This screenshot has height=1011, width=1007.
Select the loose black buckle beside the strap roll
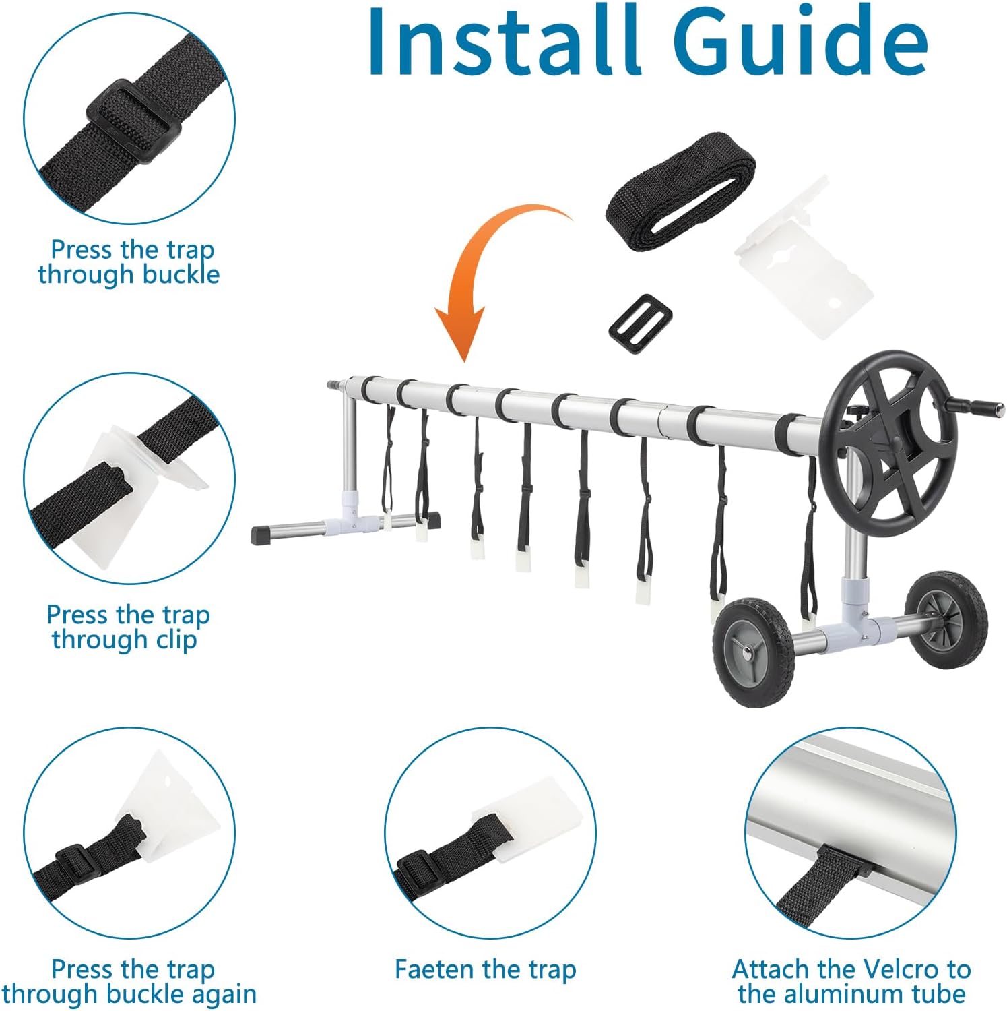pos(641,319)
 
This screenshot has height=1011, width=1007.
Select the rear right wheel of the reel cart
pos(945,618)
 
